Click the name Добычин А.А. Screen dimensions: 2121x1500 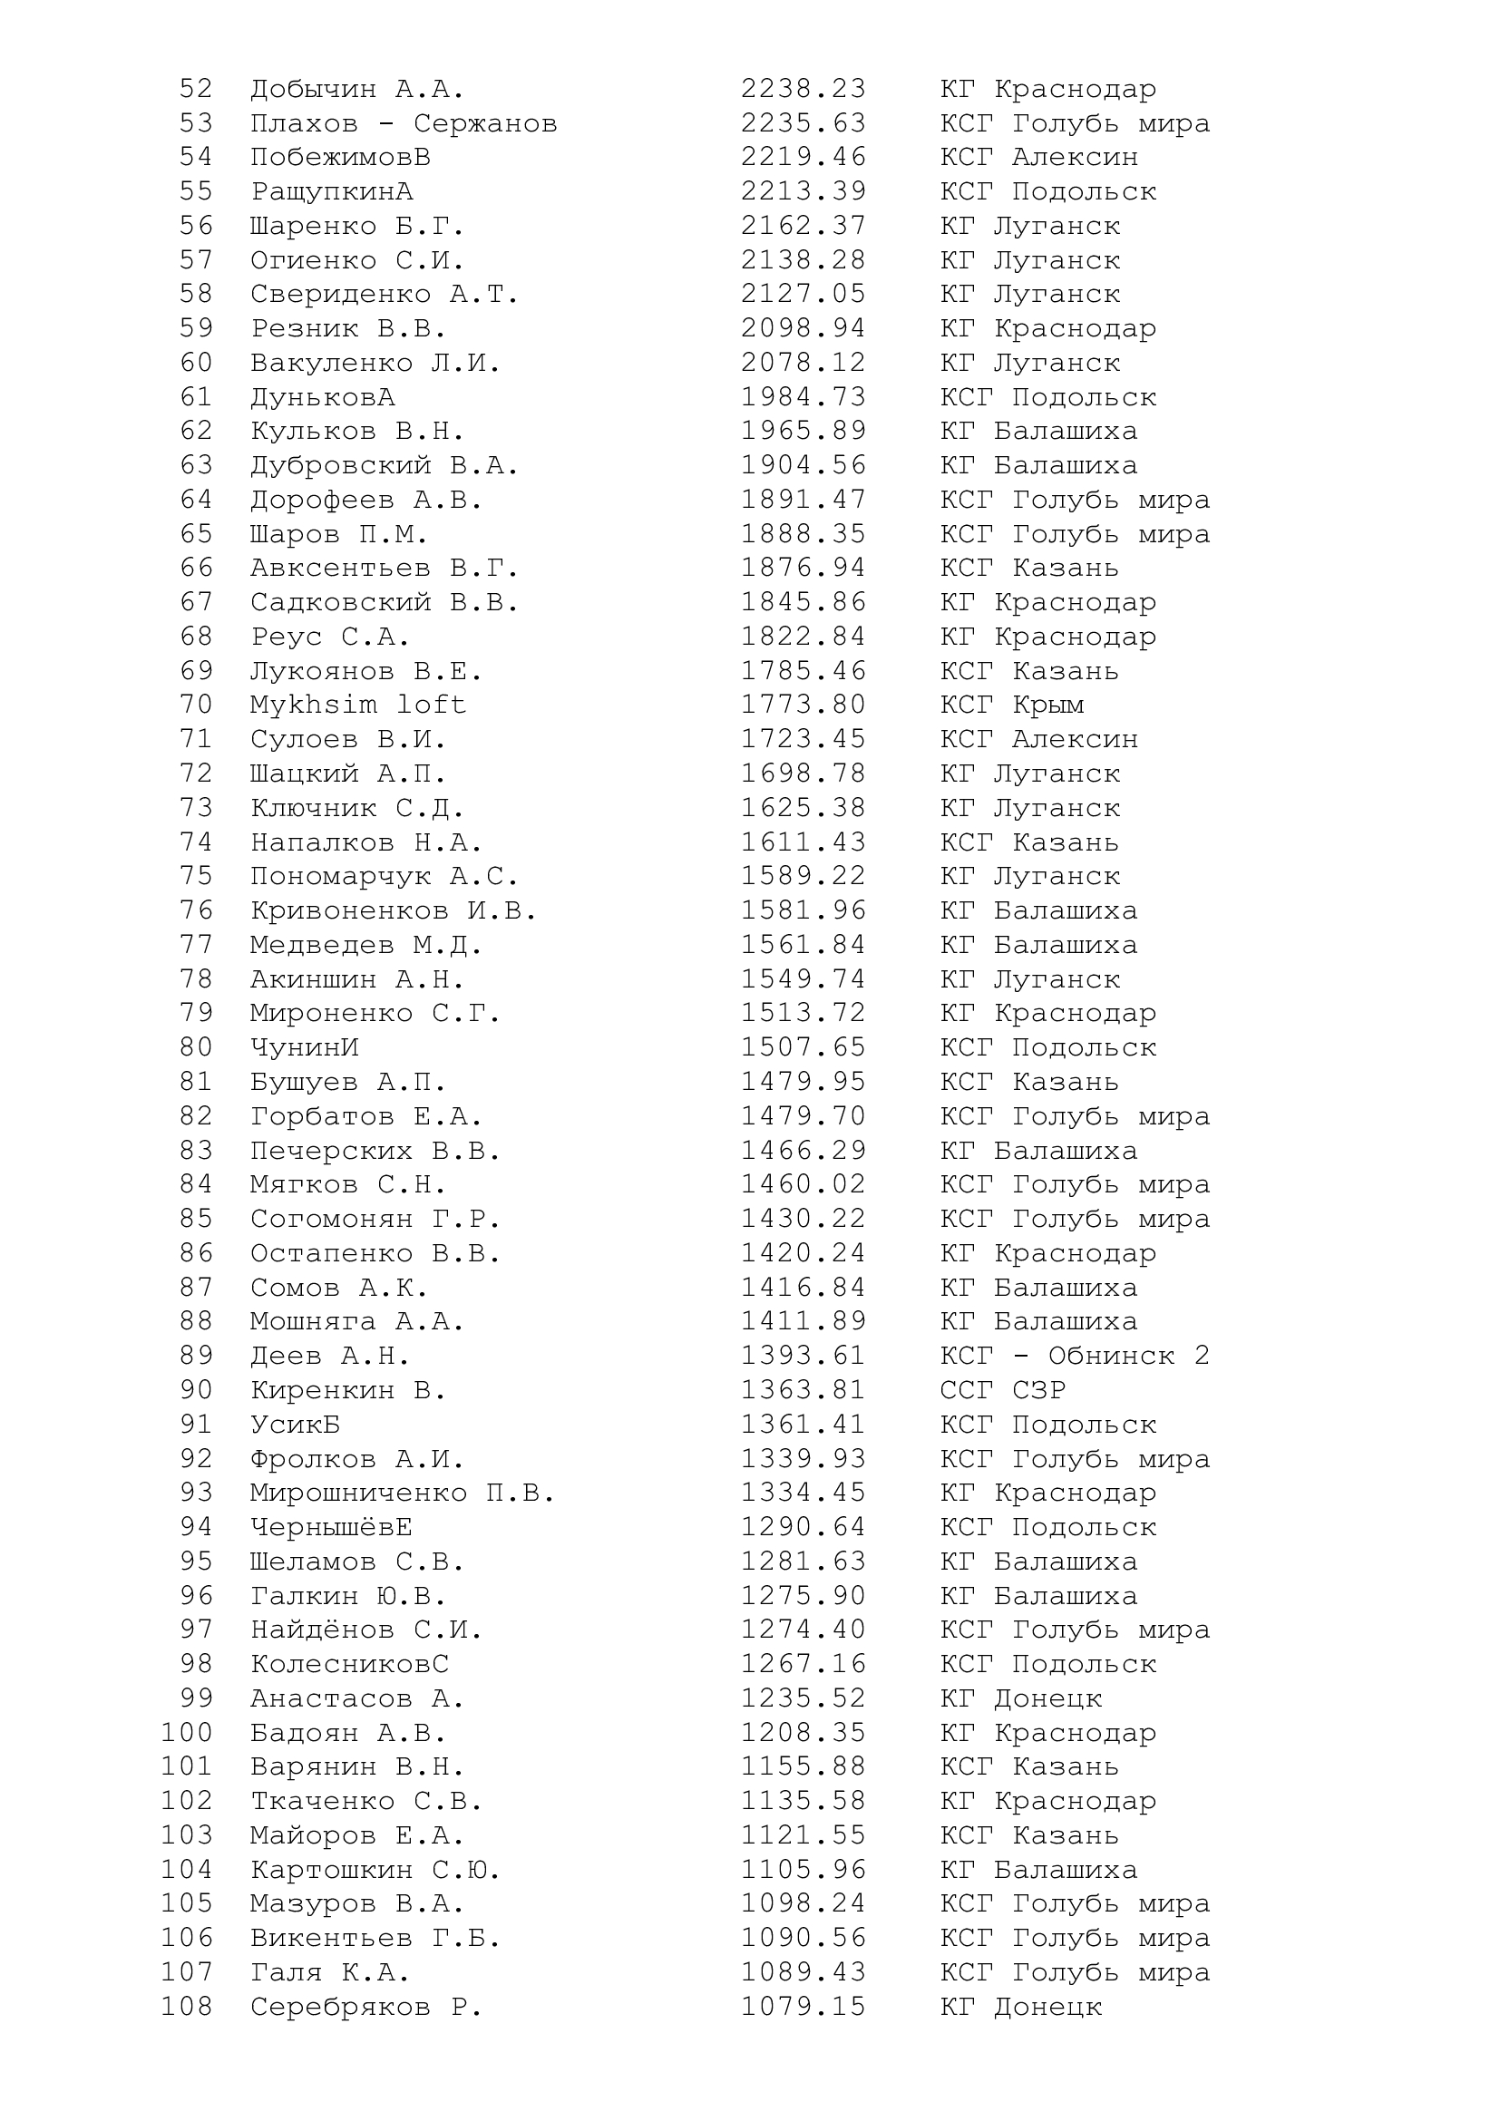(x=357, y=90)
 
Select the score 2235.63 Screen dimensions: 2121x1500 (x=803, y=124)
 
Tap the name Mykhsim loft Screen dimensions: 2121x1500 (x=357, y=705)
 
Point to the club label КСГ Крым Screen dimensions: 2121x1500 (x=1011, y=705)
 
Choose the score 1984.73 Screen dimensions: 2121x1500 (x=803, y=397)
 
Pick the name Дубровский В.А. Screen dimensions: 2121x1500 (x=385, y=465)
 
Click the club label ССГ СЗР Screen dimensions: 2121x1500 (x=1002, y=1390)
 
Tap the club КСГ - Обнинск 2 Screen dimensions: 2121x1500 (x=1074, y=1356)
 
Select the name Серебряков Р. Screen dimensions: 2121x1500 (x=366, y=2007)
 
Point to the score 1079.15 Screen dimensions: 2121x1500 (x=803, y=2007)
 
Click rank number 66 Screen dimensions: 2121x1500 (x=196, y=569)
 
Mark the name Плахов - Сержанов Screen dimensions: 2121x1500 (x=404, y=124)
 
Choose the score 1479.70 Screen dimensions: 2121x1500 (x=803, y=1117)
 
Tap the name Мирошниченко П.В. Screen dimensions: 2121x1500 (x=403, y=1493)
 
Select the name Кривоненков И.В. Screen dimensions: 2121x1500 (x=394, y=910)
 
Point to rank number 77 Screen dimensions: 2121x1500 (x=196, y=945)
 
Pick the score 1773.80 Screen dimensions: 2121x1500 (x=803, y=705)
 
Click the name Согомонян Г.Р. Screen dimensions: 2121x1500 (x=375, y=1220)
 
